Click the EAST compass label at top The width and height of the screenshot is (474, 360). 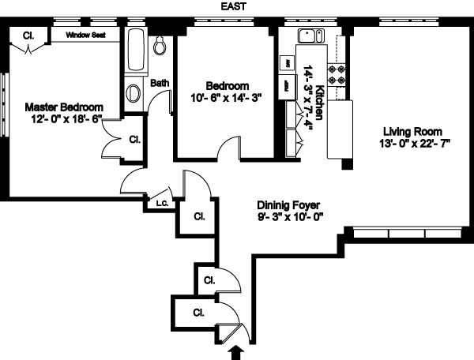point(238,7)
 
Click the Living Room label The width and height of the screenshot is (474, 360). point(412,131)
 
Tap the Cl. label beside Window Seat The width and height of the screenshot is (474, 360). point(28,35)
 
